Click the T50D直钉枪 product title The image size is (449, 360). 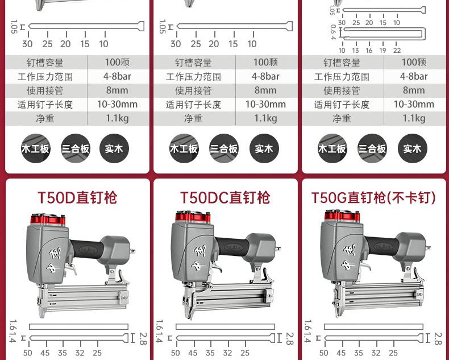pyautogui.click(x=77, y=198)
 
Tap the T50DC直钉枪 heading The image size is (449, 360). pyautogui.click(x=225, y=198)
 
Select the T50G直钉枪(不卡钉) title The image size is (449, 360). pyautogui.click(x=373, y=198)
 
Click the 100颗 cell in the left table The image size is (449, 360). pyautogui.click(x=118, y=62)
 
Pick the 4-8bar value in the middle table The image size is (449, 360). pyautogui.click(x=266, y=76)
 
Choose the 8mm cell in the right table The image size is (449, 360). pyautogui.click(x=414, y=90)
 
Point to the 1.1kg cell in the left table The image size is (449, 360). pyautogui.click(x=118, y=118)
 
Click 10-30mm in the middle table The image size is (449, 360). pyautogui.click(x=266, y=104)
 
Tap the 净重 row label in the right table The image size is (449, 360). pyautogui.click(x=342, y=118)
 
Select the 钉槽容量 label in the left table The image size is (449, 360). pyautogui.click(x=45, y=62)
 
